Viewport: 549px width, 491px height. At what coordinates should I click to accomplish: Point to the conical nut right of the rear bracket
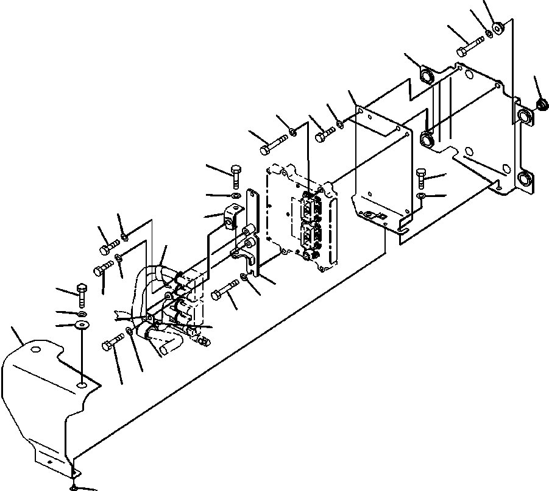pos(539,106)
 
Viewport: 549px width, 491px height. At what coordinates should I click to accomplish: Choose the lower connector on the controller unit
pos(310,236)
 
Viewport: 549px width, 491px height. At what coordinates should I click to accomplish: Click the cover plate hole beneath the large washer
pos(82,385)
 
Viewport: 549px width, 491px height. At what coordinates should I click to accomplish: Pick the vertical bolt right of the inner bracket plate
pos(422,176)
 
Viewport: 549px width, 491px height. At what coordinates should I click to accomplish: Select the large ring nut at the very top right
pos(498,27)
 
